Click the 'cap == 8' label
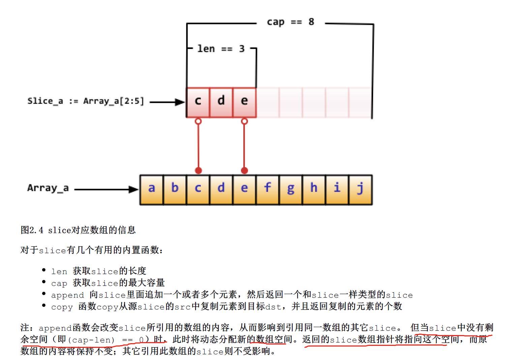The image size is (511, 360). [290, 22]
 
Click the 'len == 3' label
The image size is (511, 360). [221, 49]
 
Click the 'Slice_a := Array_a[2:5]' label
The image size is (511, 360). [86, 101]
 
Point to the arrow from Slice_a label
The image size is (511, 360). [167, 102]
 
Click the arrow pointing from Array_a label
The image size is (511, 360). [106, 189]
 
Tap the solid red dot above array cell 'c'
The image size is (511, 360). [199, 171]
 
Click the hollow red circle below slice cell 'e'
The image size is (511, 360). [244, 121]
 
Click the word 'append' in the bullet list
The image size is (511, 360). [67, 295]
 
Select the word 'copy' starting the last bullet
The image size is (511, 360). [62, 307]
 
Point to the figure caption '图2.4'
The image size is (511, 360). [32, 230]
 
